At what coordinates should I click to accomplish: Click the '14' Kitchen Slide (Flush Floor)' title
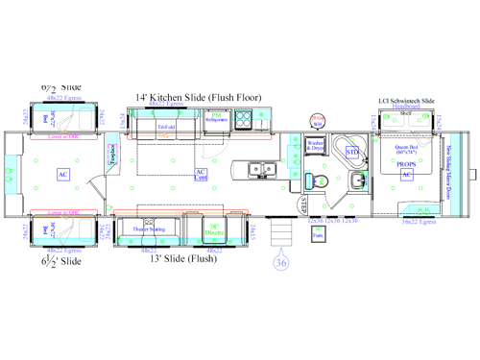[x=199, y=97]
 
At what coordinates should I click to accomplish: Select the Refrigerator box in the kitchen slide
[x=216, y=119]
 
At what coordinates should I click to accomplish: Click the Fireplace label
[x=113, y=155]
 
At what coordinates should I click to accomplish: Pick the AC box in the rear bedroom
[x=62, y=174]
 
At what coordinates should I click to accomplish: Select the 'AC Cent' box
[x=201, y=174]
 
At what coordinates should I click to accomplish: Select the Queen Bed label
[x=405, y=149]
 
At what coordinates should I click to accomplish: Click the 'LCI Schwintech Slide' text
[x=407, y=100]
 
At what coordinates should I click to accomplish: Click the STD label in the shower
[x=351, y=152]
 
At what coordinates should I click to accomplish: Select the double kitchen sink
[x=258, y=170]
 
